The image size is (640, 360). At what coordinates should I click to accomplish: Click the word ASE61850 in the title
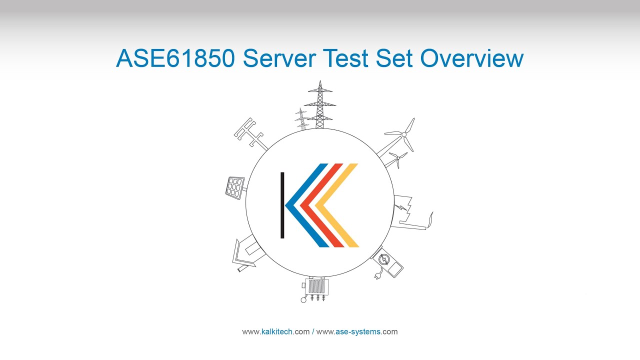click(175, 58)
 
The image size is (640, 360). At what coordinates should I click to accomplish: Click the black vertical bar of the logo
click(282, 205)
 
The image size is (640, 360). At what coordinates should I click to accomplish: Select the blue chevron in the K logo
click(300, 205)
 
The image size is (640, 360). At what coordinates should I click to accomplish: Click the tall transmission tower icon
click(320, 105)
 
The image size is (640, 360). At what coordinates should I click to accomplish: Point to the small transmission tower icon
click(301, 119)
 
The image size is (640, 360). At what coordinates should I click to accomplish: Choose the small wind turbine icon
click(397, 159)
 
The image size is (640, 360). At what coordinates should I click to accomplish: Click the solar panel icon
click(234, 187)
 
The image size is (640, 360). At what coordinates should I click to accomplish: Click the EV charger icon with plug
click(387, 262)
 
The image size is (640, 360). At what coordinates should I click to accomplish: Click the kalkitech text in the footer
click(277, 331)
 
